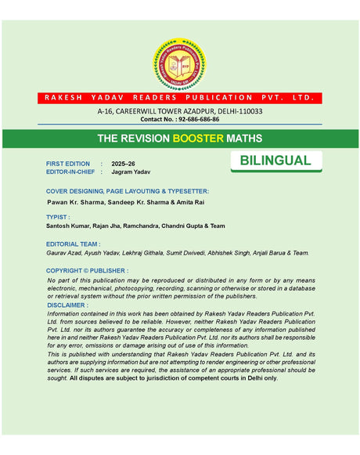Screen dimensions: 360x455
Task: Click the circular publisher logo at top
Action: click(179, 64)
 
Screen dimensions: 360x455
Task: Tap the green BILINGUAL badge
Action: click(275, 161)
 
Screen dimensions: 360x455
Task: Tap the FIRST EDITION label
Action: click(68, 163)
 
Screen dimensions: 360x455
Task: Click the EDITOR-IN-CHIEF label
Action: click(71, 172)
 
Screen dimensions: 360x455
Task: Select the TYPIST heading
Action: click(58, 217)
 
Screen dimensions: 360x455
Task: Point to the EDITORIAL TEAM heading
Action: click(73, 244)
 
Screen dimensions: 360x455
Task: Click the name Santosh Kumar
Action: click(69, 226)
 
